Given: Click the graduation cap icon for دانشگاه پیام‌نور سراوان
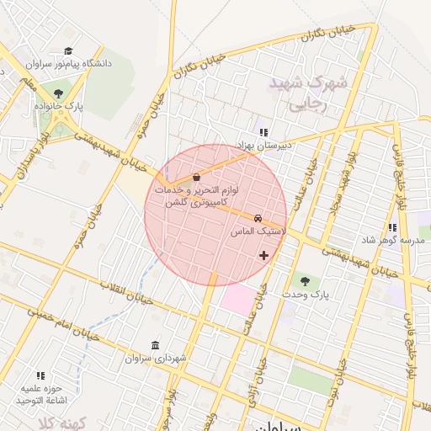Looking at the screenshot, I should pos(67,51).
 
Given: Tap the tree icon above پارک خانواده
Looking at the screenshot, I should pos(58,93).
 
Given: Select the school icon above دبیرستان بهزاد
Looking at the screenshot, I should pos(263,132).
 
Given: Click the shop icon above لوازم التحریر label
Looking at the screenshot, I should pos(196,178).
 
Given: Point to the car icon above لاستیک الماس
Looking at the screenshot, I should pos(258,216).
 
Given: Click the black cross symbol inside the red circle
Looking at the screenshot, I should pos(264,254).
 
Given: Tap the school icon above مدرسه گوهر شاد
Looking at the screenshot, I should pos(392,227).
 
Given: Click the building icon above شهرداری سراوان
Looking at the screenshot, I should pos(155,345).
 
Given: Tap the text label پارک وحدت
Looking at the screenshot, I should pos(304,295).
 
